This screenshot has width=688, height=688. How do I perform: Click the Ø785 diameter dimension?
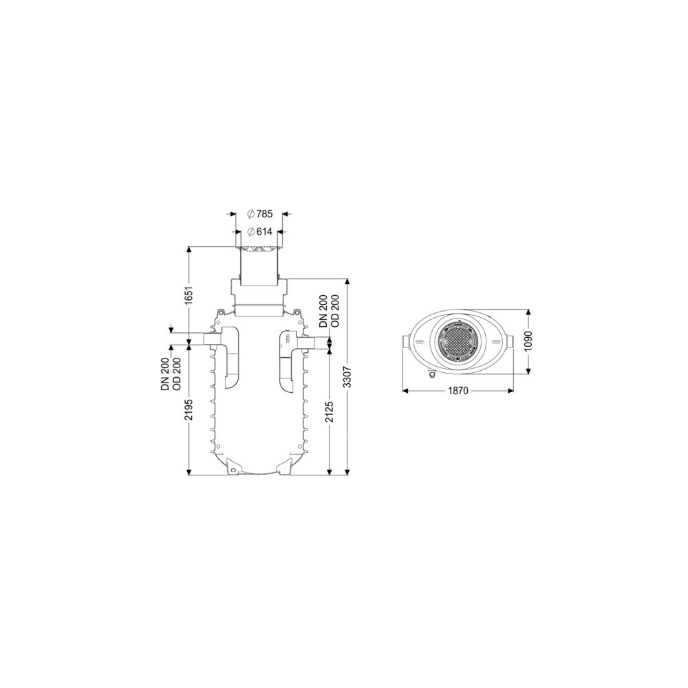[x=260, y=214]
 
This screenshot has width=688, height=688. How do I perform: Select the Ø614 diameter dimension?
[x=260, y=232]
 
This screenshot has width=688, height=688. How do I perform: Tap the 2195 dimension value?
[x=189, y=409]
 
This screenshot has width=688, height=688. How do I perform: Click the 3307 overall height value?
[x=348, y=377]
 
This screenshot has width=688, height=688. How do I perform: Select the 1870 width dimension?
[x=458, y=391]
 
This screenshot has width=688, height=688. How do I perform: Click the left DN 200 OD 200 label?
[x=170, y=367]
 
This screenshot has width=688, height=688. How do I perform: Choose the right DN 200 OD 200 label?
[x=329, y=310]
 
